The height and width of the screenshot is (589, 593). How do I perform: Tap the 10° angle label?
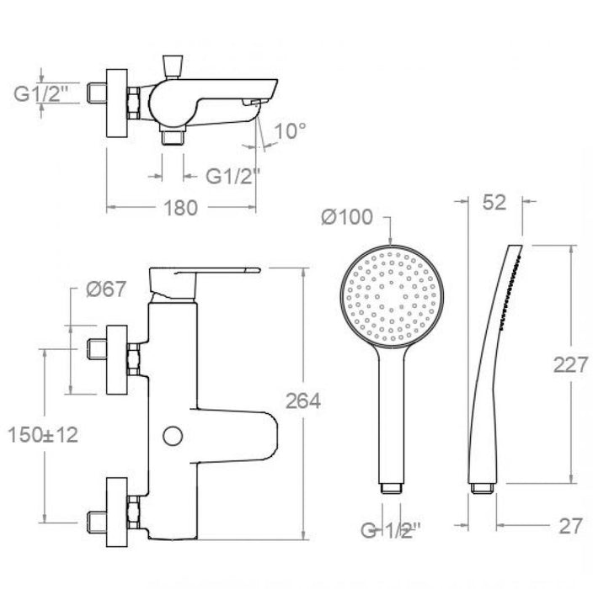[x=290, y=130]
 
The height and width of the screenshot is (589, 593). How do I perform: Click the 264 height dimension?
[x=302, y=401]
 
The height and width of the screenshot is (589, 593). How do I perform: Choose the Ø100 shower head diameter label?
[x=346, y=217]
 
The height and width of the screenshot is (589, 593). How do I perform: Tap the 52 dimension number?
[x=494, y=202]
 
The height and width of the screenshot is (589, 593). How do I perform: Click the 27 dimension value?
[x=570, y=526]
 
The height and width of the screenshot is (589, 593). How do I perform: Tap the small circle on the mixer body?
[x=173, y=436]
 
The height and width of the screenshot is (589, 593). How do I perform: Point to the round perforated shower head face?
[x=392, y=297]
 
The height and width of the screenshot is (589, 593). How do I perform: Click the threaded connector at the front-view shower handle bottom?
[x=392, y=487]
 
